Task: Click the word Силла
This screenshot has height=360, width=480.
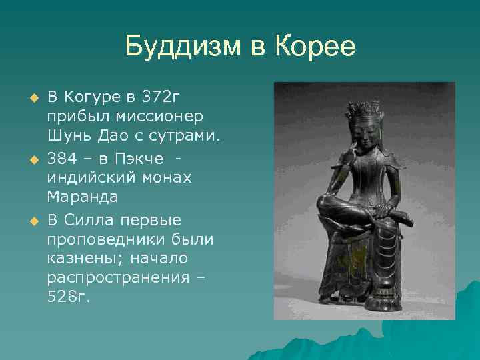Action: tap(91, 219)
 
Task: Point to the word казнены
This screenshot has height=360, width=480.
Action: tap(79, 257)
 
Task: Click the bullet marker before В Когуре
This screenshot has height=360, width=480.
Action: tap(29, 99)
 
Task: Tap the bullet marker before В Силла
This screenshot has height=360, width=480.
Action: tap(29, 220)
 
